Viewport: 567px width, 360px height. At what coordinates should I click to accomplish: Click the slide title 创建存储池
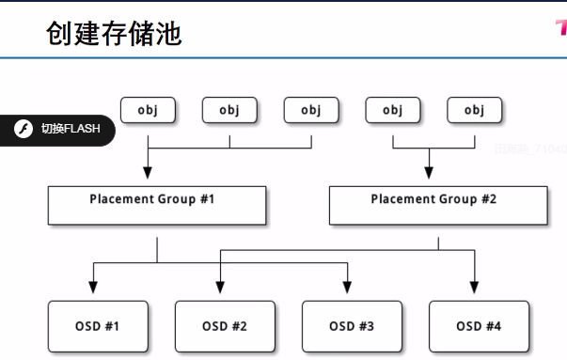pos(114,34)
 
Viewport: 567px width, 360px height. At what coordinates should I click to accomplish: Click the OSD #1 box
pos(97,326)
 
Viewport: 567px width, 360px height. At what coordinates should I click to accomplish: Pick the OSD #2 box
pos(225,326)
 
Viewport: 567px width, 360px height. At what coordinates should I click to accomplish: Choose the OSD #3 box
pos(351,326)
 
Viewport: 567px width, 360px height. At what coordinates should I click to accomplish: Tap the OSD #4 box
pos(479,326)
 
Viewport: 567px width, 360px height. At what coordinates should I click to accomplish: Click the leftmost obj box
pos(148,110)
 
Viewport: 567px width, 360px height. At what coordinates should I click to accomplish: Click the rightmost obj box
pos(474,110)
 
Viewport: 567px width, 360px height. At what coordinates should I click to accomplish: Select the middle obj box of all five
pos(311,110)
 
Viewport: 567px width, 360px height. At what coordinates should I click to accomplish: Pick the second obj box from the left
pos(229,110)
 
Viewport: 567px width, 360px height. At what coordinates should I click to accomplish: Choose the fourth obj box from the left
pos(392,110)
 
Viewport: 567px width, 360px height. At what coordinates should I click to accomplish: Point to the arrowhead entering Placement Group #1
pos(148,172)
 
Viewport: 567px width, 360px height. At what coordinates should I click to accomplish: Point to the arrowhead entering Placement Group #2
pos(429,172)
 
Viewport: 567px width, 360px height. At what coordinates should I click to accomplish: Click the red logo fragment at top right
pos(559,27)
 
